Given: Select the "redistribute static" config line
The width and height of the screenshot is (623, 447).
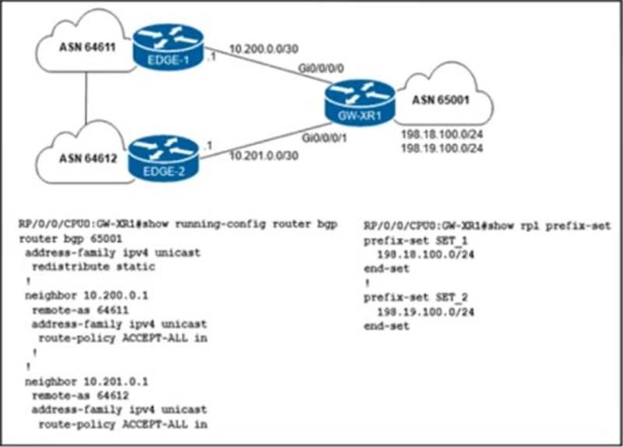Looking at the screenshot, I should pos(91,266).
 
